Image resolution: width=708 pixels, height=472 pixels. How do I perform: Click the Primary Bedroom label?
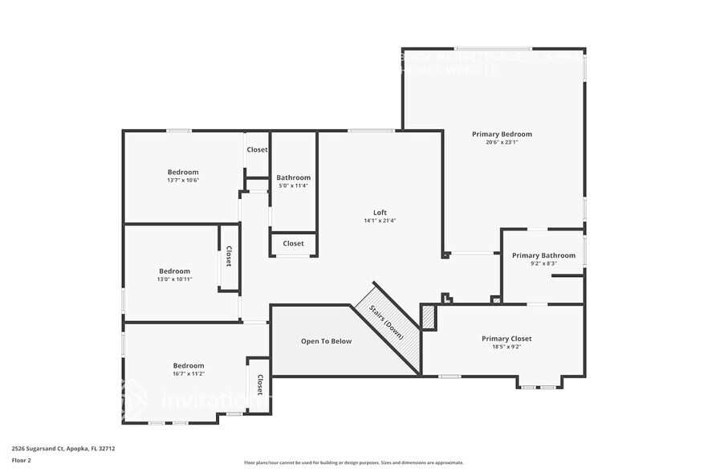click(x=502, y=134)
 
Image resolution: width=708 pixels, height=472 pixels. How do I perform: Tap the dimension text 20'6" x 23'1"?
click(x=502, y=143)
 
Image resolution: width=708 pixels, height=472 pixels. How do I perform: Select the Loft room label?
click(x=380, y=213)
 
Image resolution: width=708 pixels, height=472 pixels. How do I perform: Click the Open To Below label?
click(x=326, y=341)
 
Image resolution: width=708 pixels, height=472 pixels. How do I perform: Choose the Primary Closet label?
click(x=507, y=339)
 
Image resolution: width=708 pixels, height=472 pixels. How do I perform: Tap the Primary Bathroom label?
click(x=543, y=255)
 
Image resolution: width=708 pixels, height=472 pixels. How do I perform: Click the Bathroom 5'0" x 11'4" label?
click(x=293, y=177)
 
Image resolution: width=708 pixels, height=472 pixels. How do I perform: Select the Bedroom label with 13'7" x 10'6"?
click(x=183, y=172)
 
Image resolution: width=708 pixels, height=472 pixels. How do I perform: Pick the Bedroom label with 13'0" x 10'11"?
click(x=174, y=271)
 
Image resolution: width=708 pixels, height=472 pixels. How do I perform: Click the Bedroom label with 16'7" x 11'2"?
click(x=189, y=365)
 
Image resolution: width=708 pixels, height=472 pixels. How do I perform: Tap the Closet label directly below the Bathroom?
click(x=293, y=243)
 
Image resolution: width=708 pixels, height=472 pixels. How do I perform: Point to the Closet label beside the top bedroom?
click(x=257, y=149)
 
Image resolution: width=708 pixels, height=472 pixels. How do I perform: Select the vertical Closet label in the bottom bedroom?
click(x=260, y=385)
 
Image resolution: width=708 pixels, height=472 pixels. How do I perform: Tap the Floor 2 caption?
click(x=21, y=460)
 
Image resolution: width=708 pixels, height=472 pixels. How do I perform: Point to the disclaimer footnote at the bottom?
click(x=353, y=462)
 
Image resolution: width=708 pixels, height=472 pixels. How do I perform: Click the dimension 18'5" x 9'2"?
click(x=507, y=347)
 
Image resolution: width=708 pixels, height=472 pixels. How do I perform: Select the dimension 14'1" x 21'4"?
click(x=380, y=221)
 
